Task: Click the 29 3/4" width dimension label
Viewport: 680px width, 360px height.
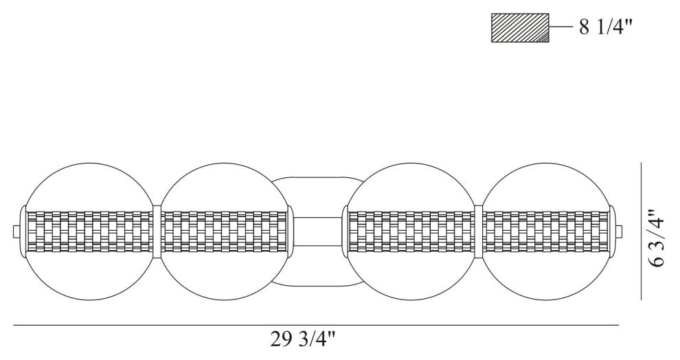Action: tap(303, 339)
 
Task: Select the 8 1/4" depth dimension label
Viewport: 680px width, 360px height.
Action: tap(606, 27)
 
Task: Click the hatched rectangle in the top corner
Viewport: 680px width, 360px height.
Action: tap(520, 27)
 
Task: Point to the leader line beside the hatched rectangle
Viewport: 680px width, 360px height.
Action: tap(561, 27)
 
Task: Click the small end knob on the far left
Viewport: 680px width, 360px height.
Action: tap(16, 232)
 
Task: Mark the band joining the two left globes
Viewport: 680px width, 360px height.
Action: tap(157, 232)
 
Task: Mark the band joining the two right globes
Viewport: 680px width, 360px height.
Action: tap(478, 232)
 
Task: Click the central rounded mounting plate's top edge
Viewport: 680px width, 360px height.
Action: tap(318, 177)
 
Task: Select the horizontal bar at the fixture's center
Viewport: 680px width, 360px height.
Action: tap(318, 232)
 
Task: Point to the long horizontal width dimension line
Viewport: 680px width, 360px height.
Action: tap(316, 325)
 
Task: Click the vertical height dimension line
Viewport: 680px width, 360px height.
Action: tap(641, 231)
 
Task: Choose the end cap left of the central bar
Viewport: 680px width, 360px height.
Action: tap(290, 232)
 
